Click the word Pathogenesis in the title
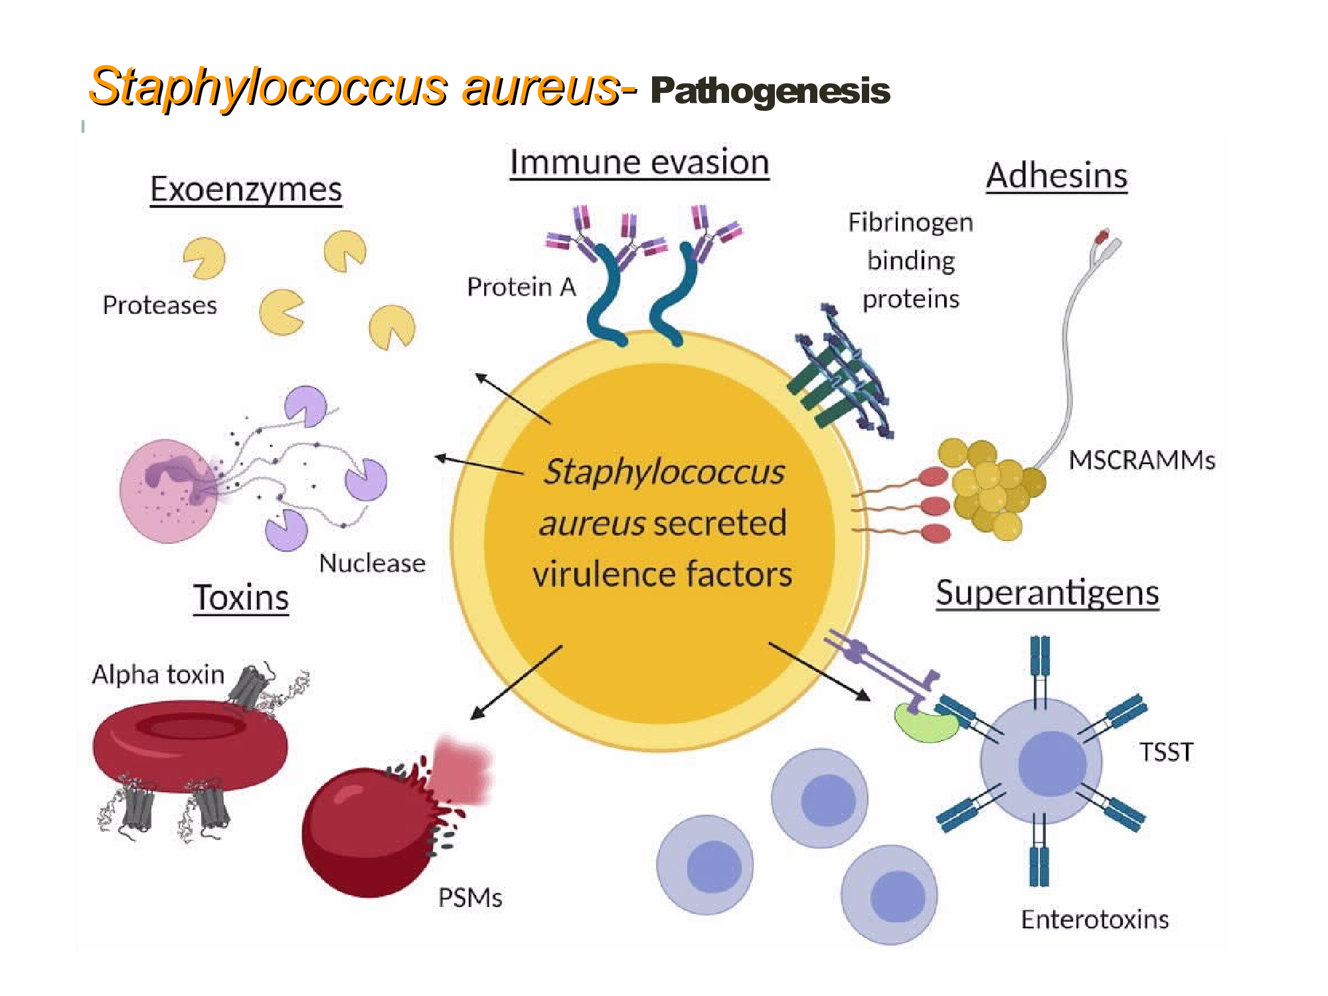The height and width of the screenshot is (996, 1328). pos(770,92)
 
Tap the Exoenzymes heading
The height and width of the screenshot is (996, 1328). pos(246,190)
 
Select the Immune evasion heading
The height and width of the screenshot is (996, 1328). pos(639,162)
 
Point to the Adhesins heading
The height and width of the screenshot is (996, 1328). pos(1056,176)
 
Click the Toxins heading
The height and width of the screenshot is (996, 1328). pos(241,598)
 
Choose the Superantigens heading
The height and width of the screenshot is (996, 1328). pos(1047,593)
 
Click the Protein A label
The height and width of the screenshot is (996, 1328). pos(521,287)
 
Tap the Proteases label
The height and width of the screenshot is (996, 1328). pos(159,305)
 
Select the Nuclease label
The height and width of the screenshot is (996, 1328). pos(372,563)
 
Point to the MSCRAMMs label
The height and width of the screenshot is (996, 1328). pos(1142,459)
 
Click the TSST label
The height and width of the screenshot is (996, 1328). pos(1166,752)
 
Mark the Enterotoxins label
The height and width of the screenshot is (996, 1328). pos(1095,920)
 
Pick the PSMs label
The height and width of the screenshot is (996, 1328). pos(470,898)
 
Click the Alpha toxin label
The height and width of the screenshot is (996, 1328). pos(158,675)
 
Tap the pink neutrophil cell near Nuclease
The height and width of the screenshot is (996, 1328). pos(169,491)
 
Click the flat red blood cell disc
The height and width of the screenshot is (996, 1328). pos(190,747)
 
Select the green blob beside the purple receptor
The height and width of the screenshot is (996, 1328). pos(925,724)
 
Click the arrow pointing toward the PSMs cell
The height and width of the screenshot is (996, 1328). pos(516,683)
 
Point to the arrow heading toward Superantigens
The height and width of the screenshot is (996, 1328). pos(819,671)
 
